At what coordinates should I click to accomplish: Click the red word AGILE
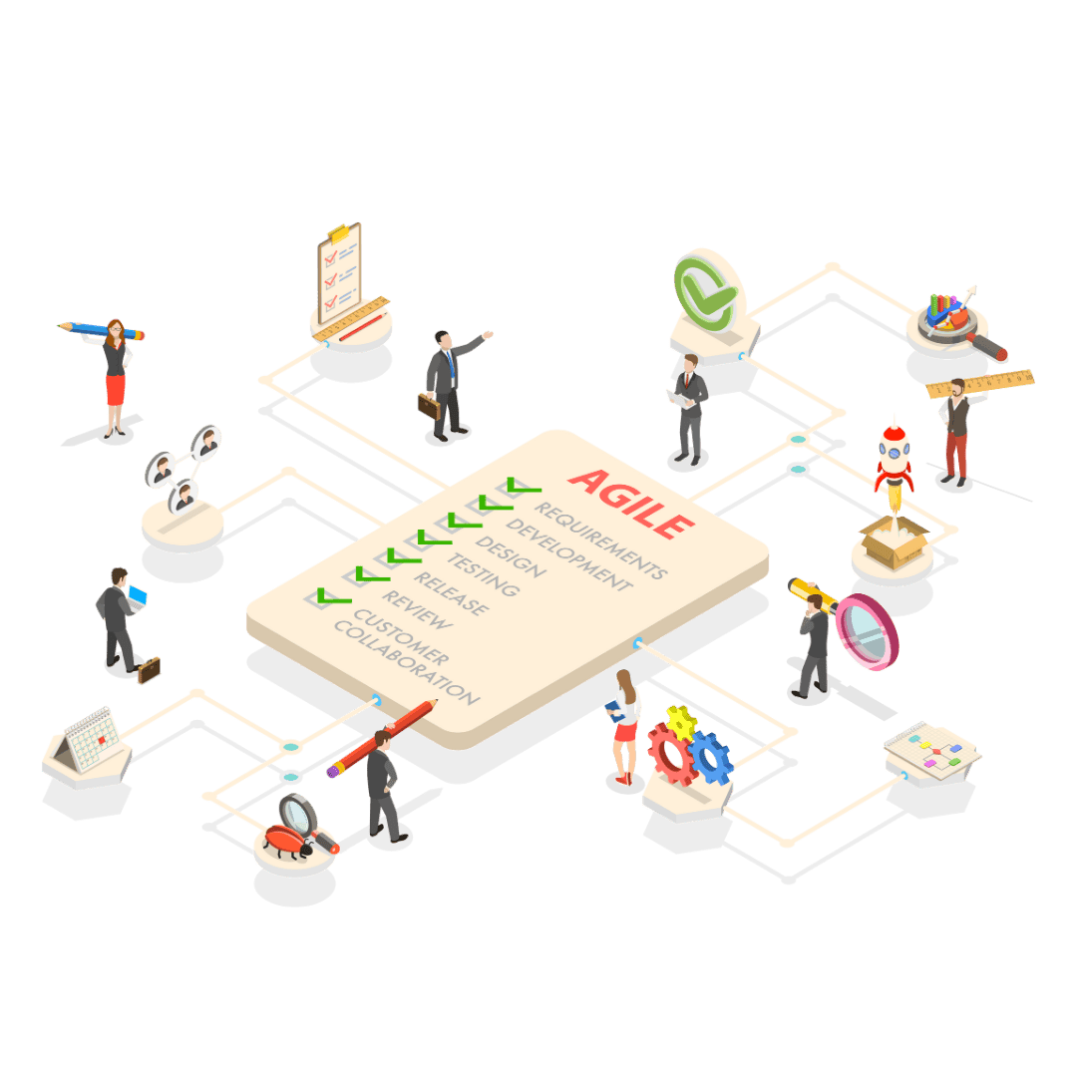[631, 504]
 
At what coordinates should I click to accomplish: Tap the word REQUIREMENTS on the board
[601, 540]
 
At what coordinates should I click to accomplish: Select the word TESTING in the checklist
[484, 574]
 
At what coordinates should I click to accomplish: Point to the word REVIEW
[418, 609]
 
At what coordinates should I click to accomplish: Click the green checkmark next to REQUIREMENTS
[524, 486]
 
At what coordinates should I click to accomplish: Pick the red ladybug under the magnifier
[287, 842]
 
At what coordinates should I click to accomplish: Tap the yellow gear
[681, 723]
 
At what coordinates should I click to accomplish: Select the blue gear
[711, 758]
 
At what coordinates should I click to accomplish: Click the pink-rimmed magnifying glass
[867, 632]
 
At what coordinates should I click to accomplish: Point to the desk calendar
[87, 740]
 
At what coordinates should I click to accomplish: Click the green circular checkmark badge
[704, 293]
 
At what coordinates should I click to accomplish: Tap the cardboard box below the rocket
[894, 542]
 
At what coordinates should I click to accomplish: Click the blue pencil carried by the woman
[101, 330]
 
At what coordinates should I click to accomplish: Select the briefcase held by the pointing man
[429, 406]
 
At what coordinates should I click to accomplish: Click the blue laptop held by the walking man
[138, 597]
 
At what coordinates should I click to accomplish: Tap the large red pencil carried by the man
[382, 738]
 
